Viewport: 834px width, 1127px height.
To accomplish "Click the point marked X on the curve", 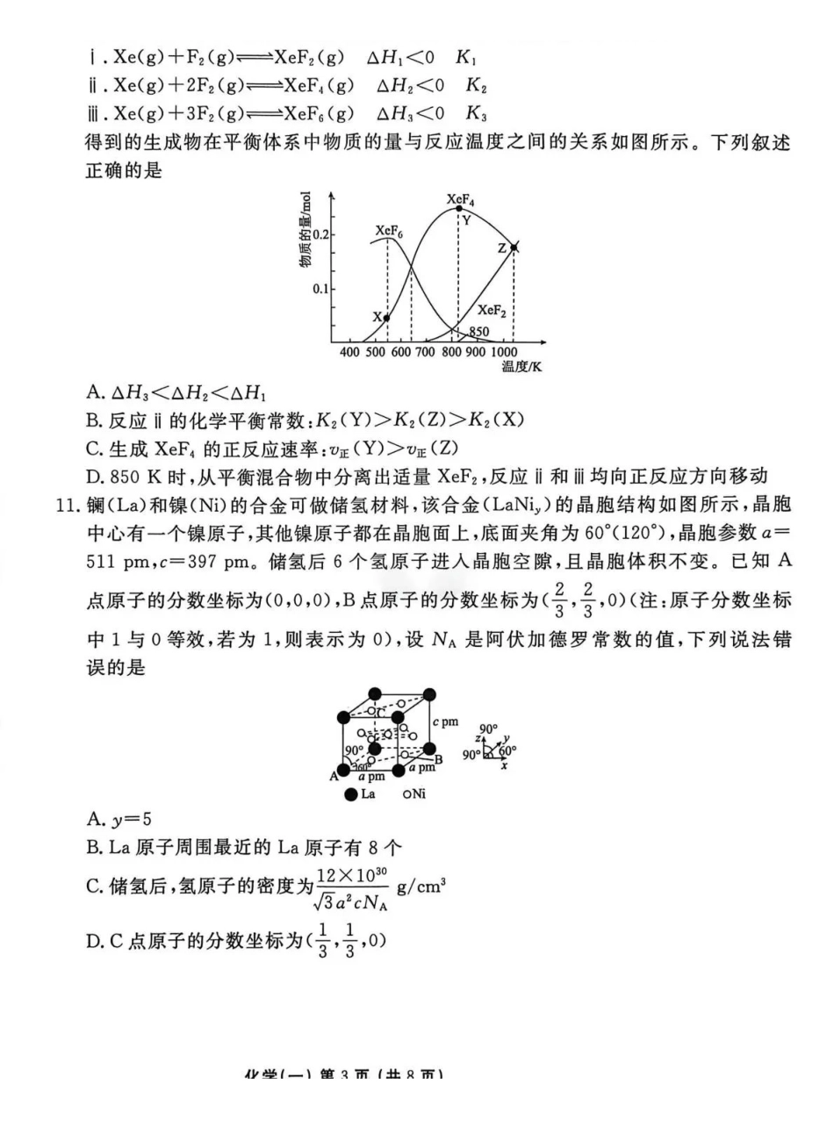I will click(387, 318).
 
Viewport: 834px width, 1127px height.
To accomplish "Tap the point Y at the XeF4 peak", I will click(458, 209).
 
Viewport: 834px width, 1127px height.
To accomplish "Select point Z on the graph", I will click(514, 248).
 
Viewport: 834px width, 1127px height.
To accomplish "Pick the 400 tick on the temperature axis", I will click(350, 353).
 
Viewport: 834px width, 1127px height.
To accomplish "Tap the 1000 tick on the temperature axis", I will click(506, 353).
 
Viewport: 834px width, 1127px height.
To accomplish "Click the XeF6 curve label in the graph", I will click(389, 231).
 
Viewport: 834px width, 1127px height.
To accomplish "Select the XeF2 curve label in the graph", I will click(492, 310).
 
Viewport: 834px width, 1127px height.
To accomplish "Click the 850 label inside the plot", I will click(478, 333).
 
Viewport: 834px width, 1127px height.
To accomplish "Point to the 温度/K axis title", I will click(521, 368).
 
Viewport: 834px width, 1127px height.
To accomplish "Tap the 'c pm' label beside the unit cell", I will click(446, 721).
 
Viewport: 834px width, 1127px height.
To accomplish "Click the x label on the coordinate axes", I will click(504, 765).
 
